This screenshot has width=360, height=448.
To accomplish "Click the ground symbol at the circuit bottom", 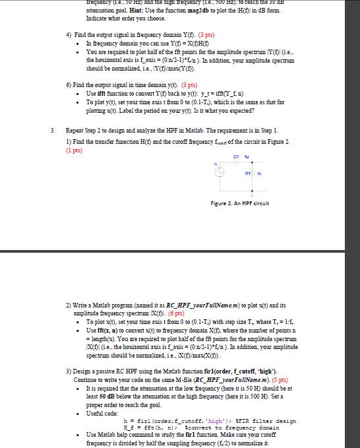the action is tap(252, 196).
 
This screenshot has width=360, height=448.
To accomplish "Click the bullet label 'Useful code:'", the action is tap(102, 412).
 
